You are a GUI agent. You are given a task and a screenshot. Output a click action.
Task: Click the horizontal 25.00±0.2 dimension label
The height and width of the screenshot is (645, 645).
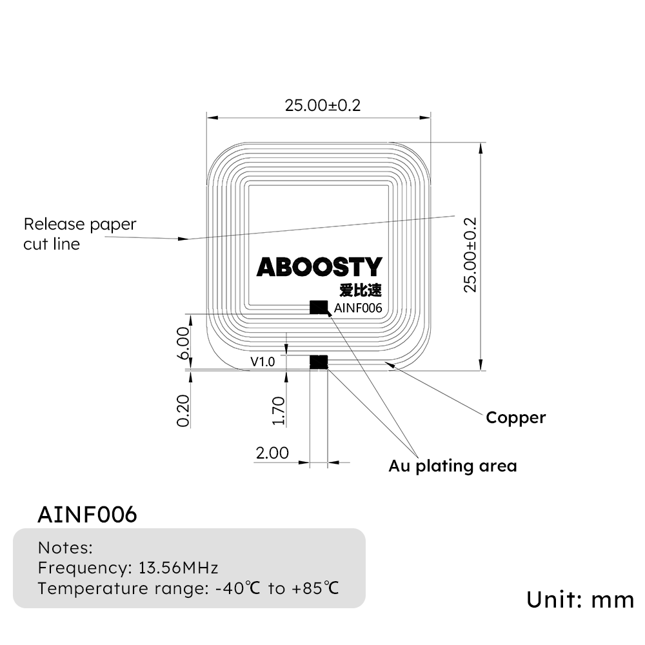322,106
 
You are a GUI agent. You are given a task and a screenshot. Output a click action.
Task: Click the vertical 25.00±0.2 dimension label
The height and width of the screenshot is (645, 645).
470,254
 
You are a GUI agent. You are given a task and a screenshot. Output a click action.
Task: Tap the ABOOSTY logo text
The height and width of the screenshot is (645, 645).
319,267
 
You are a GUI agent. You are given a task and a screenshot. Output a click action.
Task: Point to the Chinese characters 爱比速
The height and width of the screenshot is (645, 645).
365,290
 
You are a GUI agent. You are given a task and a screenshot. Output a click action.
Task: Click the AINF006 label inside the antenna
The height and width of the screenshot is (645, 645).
358,308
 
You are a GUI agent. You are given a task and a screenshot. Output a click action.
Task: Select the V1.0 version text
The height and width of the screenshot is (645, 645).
263,362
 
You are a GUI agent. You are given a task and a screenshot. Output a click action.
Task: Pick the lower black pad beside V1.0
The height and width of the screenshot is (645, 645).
319,362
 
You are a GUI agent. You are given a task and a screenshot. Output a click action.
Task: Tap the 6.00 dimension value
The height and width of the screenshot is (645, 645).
183,343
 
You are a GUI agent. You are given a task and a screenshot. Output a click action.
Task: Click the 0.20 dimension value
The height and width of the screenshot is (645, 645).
183,410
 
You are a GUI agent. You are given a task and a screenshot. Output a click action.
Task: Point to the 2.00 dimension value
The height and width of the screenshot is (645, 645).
272,453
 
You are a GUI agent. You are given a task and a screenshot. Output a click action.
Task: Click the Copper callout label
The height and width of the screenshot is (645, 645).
515,417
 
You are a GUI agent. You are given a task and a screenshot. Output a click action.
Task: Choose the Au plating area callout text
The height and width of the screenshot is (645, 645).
452,466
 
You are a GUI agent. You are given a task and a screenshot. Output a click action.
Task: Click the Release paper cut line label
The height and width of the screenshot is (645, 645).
80,234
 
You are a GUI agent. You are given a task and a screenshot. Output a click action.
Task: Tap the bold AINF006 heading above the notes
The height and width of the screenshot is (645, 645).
87,515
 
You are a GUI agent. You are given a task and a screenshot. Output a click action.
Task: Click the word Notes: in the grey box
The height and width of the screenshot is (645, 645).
65,548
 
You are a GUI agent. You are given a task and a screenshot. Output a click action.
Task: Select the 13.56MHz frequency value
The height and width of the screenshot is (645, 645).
178,568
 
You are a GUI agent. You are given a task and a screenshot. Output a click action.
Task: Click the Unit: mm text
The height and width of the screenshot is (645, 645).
580,599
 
